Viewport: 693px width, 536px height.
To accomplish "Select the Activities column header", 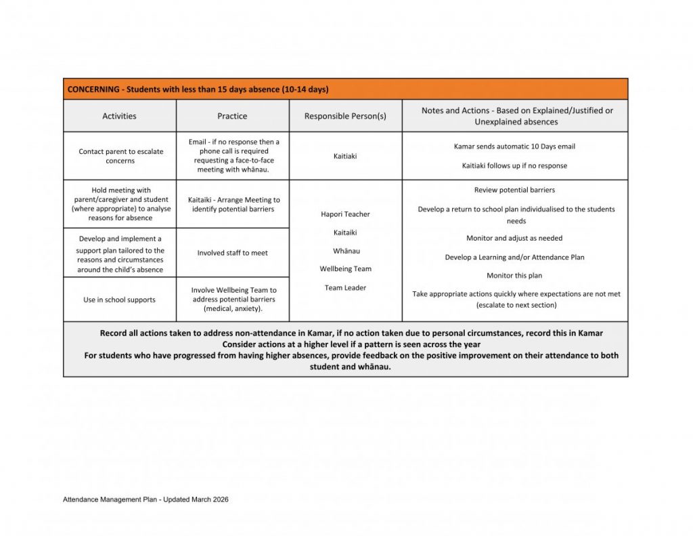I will [x=119, y=116].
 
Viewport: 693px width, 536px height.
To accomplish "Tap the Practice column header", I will [x=232, y=116].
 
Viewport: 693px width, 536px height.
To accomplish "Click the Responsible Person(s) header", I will [x=345, y=116].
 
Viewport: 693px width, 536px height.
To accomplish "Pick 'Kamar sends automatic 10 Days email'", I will [x=514, y=146].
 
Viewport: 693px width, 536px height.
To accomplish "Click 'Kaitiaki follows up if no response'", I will [x=514, y=165].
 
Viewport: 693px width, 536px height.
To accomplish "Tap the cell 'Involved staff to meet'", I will [x=233, y=253].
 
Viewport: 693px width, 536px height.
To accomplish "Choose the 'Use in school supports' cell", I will [x=119, y=300].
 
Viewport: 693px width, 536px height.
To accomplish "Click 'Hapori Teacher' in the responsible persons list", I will [x=345, y=214].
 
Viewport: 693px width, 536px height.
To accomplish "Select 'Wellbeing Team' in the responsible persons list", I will [x=345, y=269].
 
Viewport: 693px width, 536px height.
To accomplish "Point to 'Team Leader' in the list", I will [x=345, y=288].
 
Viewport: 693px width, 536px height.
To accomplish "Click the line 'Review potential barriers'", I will [x=514, y=190].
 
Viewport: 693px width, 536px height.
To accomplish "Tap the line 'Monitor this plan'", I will [x=514, y=276].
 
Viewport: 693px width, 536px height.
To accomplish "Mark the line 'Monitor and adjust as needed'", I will [x=514, y=239].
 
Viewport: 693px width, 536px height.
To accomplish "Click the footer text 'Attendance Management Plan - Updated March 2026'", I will [x=146, y=499].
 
